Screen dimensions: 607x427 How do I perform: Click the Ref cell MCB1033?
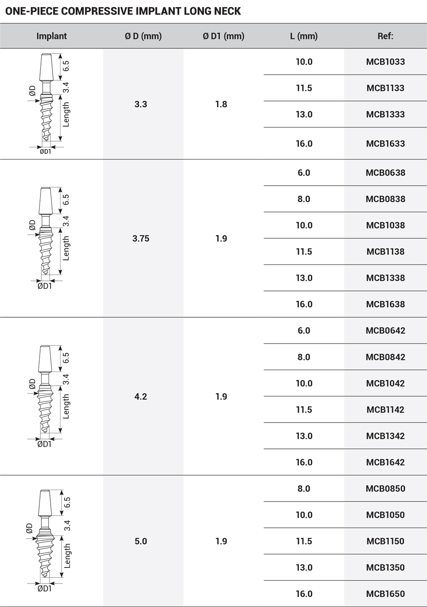click(x=385, y=62)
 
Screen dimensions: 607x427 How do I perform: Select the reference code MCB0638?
click(x=385, y=173)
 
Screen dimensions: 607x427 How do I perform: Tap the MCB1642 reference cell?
click(x=385, y=462)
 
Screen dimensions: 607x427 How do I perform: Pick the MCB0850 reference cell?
click(x=385, y=489)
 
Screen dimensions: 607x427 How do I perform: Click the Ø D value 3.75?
click(x=141, y=239)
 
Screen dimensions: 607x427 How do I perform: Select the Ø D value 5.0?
click(x=141, y=541)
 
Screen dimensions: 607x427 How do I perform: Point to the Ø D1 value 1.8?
click(x=221, y=104)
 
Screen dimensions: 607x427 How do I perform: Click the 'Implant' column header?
click(x=52, y=36)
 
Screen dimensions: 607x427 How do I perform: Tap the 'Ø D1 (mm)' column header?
click(x=223, y=36)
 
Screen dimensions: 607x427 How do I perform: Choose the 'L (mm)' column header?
click(x=304, y=36)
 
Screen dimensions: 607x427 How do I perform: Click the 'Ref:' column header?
click(x=385, y=36)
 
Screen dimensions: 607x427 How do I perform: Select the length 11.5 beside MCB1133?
click(x=304, y=88)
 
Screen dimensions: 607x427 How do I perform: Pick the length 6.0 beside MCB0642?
click(x=304, y=331)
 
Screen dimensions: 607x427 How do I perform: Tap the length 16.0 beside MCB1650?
click(x=304, y=594)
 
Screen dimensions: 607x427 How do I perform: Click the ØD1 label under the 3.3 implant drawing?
click(x=45, y=152)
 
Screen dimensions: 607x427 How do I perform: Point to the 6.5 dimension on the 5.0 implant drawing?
click(x=67, y=503)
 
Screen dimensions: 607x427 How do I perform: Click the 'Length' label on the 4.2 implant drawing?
click(x=66, y=406)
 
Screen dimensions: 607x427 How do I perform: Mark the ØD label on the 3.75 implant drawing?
click(x=32, y=225)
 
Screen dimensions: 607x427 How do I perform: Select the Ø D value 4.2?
click(x=141, y=396)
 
